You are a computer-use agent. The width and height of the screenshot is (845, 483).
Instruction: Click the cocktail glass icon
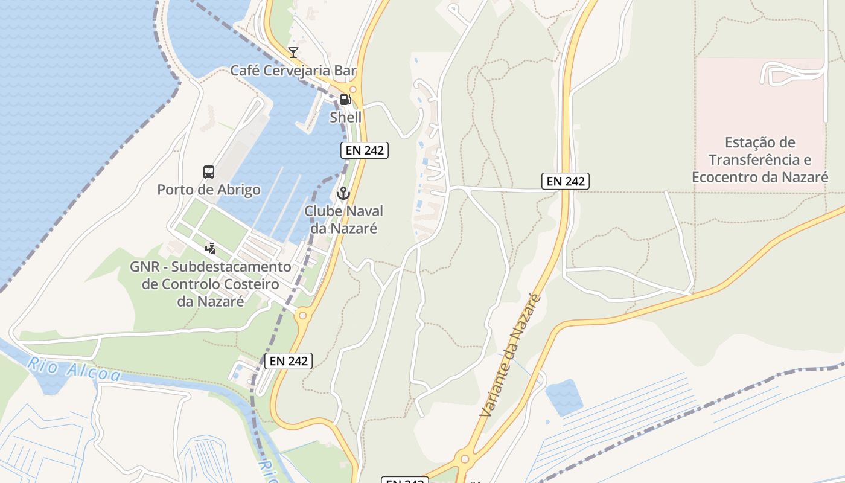click(293, 53)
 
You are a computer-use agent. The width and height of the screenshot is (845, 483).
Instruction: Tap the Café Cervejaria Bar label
click(293, 71)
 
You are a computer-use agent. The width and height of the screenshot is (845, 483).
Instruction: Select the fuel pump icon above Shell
click(345, 100)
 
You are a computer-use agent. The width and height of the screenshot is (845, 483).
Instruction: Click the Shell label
click(345, 117)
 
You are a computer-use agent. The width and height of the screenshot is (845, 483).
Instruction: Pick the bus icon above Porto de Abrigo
click(209, 172)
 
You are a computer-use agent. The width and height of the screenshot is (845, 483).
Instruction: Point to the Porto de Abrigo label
click(209, 190)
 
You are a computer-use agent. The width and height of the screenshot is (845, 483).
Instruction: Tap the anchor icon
click(343, 193)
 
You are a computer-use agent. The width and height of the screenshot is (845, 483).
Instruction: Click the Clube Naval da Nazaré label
click(343, 220)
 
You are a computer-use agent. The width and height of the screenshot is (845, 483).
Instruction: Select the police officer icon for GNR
click(210, 248)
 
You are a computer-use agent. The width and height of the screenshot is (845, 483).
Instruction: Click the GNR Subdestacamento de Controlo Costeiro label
click(210, 284)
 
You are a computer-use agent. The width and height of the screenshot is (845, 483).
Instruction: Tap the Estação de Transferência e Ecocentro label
click(760, 160)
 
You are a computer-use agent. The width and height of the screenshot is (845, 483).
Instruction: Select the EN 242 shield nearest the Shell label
click(364, 150)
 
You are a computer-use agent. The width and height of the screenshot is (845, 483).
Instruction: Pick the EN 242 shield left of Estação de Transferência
click(565, 181)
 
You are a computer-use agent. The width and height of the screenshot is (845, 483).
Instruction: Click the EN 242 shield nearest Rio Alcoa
click(289, 361)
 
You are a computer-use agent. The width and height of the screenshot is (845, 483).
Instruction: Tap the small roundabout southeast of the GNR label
click(302, 315)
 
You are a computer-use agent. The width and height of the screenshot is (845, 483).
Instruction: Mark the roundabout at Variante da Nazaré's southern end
click(464, 459)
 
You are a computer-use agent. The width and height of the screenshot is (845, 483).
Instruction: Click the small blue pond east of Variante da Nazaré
click(564, 397)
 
